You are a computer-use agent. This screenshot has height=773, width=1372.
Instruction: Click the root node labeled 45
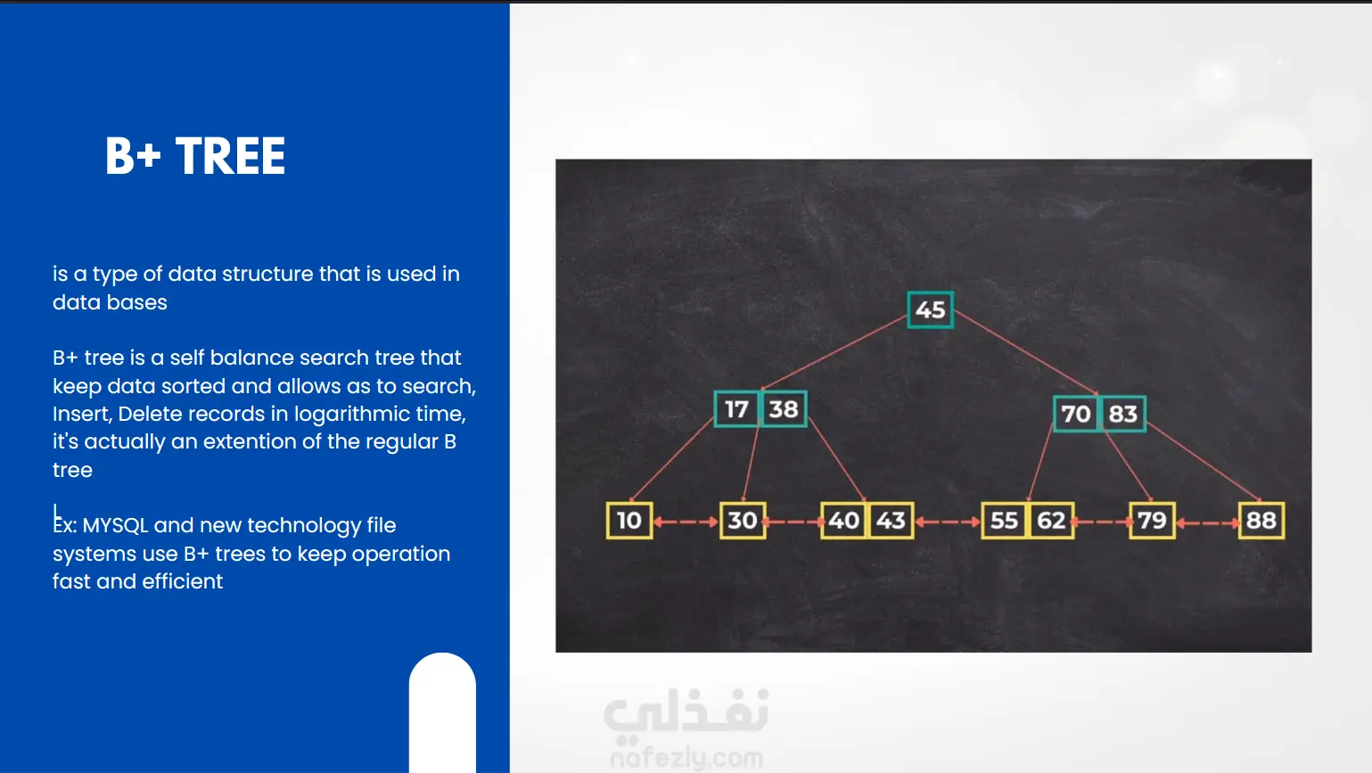pos(930,310)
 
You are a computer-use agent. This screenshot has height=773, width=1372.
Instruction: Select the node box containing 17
pos(737,408)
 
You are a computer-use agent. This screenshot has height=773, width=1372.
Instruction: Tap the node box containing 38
pos(784,408)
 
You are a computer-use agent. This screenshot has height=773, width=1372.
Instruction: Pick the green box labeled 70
pos(1076,414)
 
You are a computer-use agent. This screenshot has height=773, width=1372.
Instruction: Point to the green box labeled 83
pos(1122,414)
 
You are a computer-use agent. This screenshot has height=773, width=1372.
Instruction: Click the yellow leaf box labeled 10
pos(629,521)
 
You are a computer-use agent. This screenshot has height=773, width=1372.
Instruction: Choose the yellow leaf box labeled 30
pos(743,521)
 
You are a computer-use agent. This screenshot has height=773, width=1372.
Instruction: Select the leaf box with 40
pos(843,521)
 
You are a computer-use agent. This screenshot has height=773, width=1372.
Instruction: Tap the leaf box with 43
pos(891,521)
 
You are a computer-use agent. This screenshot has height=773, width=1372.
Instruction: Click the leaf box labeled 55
pos(1005,521)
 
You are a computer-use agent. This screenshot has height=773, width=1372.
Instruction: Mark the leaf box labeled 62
pos(1051,521)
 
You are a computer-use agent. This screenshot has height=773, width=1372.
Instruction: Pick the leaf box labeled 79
pos(1152,521)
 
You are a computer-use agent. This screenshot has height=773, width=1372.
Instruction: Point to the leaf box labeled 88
pos(1261,521)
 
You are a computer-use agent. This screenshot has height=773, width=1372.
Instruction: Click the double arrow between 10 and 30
pos(686,522)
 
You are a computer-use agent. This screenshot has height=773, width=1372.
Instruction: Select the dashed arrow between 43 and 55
pos(948,522)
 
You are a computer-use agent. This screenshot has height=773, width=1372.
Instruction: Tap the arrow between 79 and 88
pos(1206,522)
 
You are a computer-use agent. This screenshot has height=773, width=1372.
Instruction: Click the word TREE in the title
pos(230,156)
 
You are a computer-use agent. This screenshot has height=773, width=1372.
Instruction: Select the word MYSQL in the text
pos(115,525)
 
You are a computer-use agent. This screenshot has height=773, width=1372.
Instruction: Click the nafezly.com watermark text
pos(686,759)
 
